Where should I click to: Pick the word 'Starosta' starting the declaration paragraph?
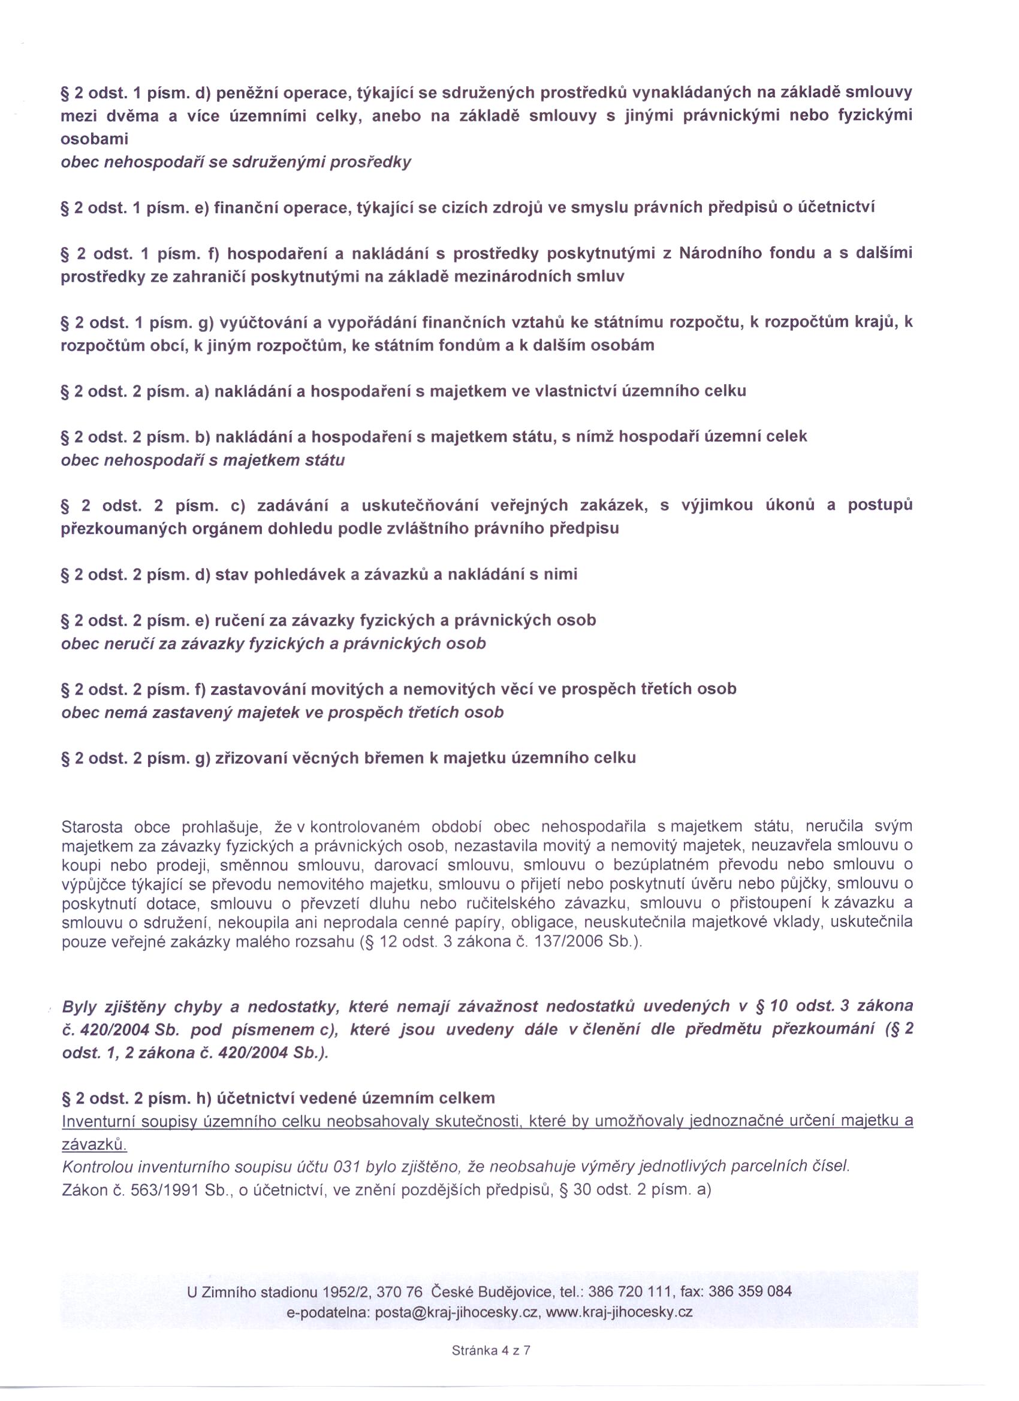tap(92, 826)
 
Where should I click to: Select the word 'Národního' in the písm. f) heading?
tap(720, 253)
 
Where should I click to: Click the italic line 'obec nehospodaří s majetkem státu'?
tap(203, 460)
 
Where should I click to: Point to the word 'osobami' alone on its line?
tap(94, 139)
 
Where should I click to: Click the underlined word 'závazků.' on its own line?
tap(94, 1145)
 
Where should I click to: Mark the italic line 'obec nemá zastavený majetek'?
tap(282, 712)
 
